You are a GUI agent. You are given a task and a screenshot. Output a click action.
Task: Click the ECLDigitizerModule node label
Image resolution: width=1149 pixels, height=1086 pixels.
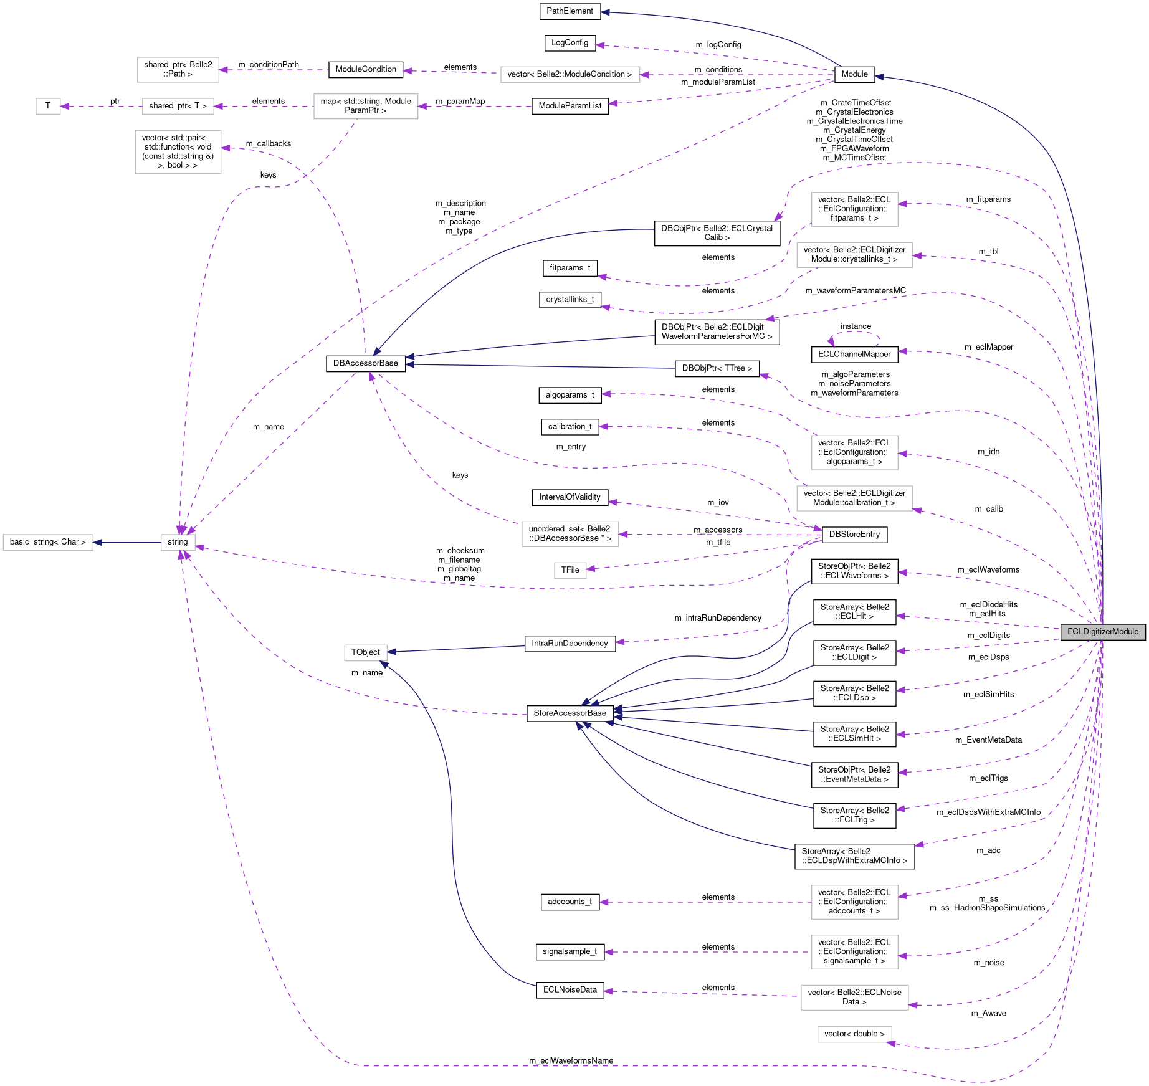coord(1102,632)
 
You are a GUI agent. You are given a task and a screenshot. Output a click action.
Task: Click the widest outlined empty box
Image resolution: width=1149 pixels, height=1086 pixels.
coord(570,75)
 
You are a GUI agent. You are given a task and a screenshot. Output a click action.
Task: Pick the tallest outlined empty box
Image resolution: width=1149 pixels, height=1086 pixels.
coord(178,152)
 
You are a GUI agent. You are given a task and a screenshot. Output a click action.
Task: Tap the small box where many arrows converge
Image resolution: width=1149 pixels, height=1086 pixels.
coord(178,543)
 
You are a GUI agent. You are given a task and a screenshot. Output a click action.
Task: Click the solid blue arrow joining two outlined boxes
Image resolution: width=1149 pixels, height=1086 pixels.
coord(128,543)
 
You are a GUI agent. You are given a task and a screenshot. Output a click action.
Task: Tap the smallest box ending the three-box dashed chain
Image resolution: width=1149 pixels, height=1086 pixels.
coord(48,107)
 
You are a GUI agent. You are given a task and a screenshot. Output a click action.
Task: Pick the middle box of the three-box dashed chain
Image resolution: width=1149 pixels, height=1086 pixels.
coord(178,107)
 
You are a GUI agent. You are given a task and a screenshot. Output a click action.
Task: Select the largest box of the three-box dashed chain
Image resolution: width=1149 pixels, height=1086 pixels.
coord(366,107)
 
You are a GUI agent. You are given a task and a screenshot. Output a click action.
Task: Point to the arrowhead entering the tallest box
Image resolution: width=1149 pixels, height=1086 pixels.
coord(226,148)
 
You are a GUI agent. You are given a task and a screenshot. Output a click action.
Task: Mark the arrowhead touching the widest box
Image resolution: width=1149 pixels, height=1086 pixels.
coord(645,75)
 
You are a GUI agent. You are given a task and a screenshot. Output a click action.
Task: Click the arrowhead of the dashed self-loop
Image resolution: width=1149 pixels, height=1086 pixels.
coord(831,341)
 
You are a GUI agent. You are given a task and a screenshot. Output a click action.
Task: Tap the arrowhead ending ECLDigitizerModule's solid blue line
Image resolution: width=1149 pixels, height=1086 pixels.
coord(879,77)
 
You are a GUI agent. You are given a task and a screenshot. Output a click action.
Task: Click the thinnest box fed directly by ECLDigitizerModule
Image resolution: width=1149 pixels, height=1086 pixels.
coord(854,1034)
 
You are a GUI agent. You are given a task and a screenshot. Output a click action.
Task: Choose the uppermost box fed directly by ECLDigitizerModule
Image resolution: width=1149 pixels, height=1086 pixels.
coord(854,209)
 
